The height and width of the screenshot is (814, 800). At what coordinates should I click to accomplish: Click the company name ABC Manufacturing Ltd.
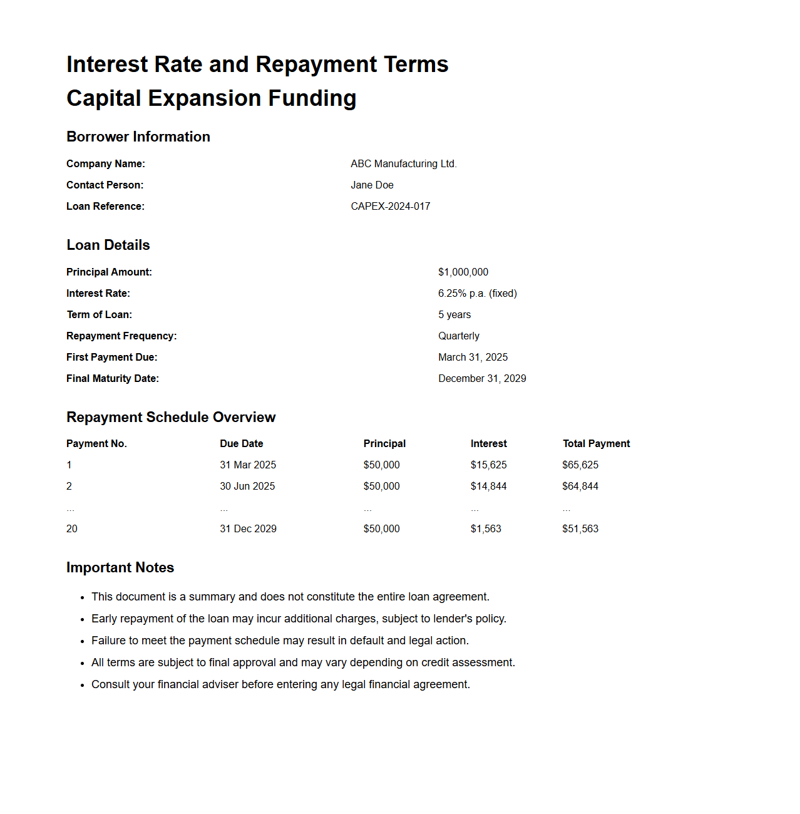pyautogui.click(x=404, y=164)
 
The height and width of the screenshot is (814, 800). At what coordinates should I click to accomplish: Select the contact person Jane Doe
pyautogui.click(x=372, y=185)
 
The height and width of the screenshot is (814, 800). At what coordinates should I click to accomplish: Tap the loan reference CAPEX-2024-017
pyautogui.click(x=391, y=207)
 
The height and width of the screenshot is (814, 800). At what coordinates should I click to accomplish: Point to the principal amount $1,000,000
pyautogui.click(x=463, y=272)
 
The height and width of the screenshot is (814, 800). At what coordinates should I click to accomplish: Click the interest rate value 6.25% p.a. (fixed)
pyautogui.click(x=478, y=294)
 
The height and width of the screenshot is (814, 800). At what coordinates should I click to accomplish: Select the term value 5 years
pyautogui.click(x=454, y=315)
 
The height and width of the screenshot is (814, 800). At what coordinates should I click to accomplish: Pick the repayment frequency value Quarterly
pyautogui.click(x=459, y=336)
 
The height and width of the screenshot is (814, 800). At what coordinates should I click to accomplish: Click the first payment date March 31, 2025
pyautogui.click(x=473, y=358)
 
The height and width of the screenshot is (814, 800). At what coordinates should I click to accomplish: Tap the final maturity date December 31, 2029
pyautogui.click(x=482, y=379)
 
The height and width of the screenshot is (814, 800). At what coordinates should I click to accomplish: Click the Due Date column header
pyautogui.click(x=242, y=444)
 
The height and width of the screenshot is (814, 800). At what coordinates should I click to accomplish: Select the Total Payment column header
pyautogui.click(x=596, y=444)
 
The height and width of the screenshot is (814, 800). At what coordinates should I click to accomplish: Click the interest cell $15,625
pyautogui.click(x=489, y=465)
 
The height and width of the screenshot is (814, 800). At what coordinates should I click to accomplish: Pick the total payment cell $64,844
pyautogui.click(x=580, y=487)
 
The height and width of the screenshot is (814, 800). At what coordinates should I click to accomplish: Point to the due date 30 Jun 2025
pyautogui.click(x=247, y=487)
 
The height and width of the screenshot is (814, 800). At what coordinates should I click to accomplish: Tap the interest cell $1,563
pyautogui.click(x=486, y=529)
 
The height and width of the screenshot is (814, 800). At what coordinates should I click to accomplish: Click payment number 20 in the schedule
pyautogui.click(x=72, y=529)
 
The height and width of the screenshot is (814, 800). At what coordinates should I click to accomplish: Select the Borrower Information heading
pyautogui.click(x=138, y=137)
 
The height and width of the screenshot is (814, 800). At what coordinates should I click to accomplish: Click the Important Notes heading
pyautogui.click(x=120, y=568)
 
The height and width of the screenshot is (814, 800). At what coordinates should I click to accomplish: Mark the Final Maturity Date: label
pyautogui.click(x=113, y=379)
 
